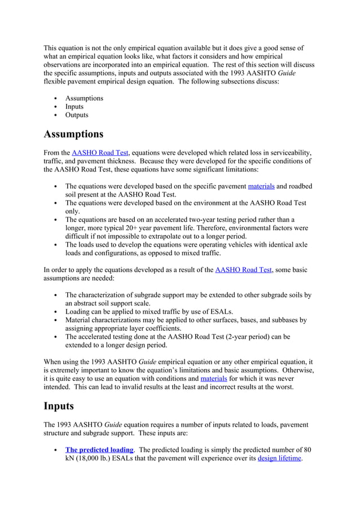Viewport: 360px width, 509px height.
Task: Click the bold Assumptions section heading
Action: click(73, 134)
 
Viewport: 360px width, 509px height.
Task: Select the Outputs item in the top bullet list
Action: click(77, 115)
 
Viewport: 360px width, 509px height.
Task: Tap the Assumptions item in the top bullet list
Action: click(84, 98)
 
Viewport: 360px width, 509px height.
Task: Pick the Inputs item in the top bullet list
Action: click(74, 107)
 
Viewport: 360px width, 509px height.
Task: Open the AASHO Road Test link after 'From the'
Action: click(100, 152)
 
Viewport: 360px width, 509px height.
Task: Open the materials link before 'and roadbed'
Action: click(264, 186)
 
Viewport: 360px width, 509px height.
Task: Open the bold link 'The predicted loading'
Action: click(99, 450)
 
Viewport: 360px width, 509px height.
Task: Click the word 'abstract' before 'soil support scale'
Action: click(89, 303)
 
